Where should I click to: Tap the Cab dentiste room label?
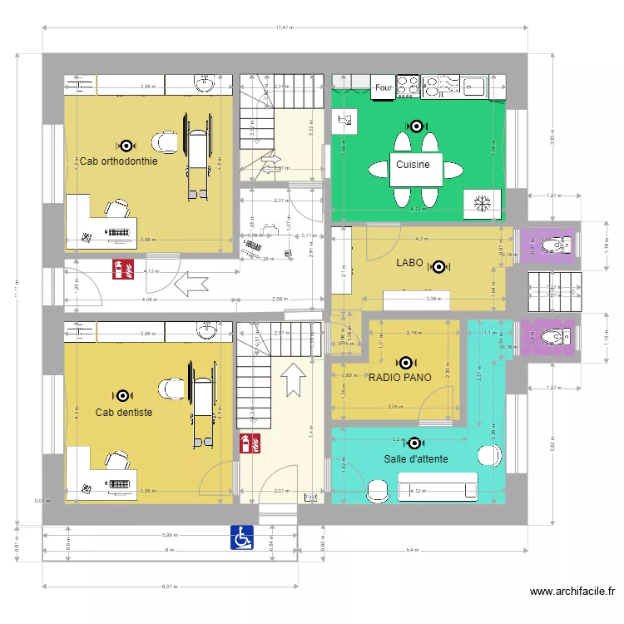pos(123,413)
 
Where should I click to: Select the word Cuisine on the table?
pos(413,165)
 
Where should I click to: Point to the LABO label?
pos(410,265)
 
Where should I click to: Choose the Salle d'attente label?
pos(416,459)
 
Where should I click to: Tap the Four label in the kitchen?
pos(384,87)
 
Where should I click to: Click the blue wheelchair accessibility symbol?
pos(242,537)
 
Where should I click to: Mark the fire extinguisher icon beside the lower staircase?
pos(248,443)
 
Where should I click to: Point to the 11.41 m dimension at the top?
pos(285,28)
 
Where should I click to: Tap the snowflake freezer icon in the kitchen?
pos(480,202)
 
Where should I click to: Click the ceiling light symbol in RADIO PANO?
pos(405,363)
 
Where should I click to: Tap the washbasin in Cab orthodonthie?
pos(205,83)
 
